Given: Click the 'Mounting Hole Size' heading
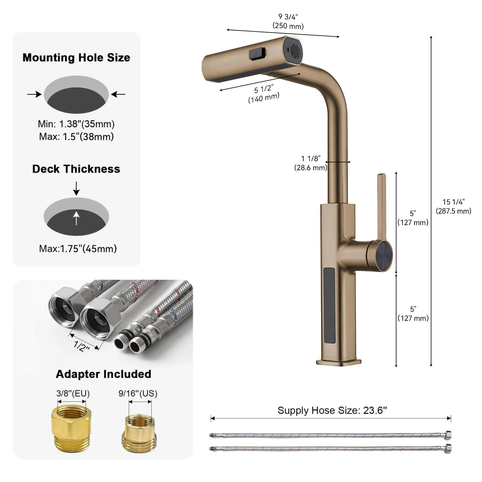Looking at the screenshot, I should tap(76, 58).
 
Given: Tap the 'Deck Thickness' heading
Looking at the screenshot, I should tap(76, 169).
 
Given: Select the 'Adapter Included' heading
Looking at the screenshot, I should tap(103, 374).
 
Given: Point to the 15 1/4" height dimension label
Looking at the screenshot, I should tap(453, 206).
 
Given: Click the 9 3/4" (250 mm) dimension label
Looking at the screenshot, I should tap(288, 21).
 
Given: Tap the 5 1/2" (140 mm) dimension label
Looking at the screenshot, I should tap(264, 93).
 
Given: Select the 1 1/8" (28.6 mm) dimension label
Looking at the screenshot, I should tap(311, 163).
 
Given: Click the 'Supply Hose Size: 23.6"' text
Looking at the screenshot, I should tap(332, 410).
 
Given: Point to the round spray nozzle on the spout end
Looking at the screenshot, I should tap(295, 50).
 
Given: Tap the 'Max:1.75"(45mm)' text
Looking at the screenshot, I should tap(78, 249).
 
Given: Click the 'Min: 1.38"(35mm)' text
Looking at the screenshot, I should tap(76, 124).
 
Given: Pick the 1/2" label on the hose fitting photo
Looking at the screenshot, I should tap(82, 346).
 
